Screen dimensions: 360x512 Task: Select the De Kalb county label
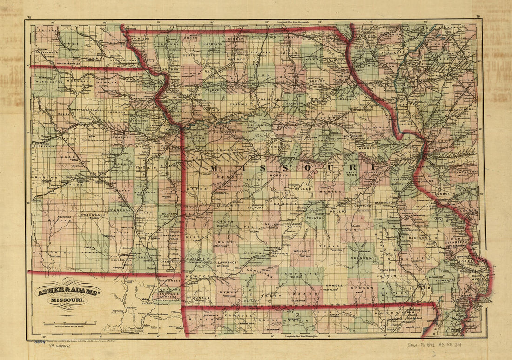pos(192,74)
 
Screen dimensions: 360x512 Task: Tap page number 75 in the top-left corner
pos(29,17)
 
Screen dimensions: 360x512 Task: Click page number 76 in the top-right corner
pos(478,17)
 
